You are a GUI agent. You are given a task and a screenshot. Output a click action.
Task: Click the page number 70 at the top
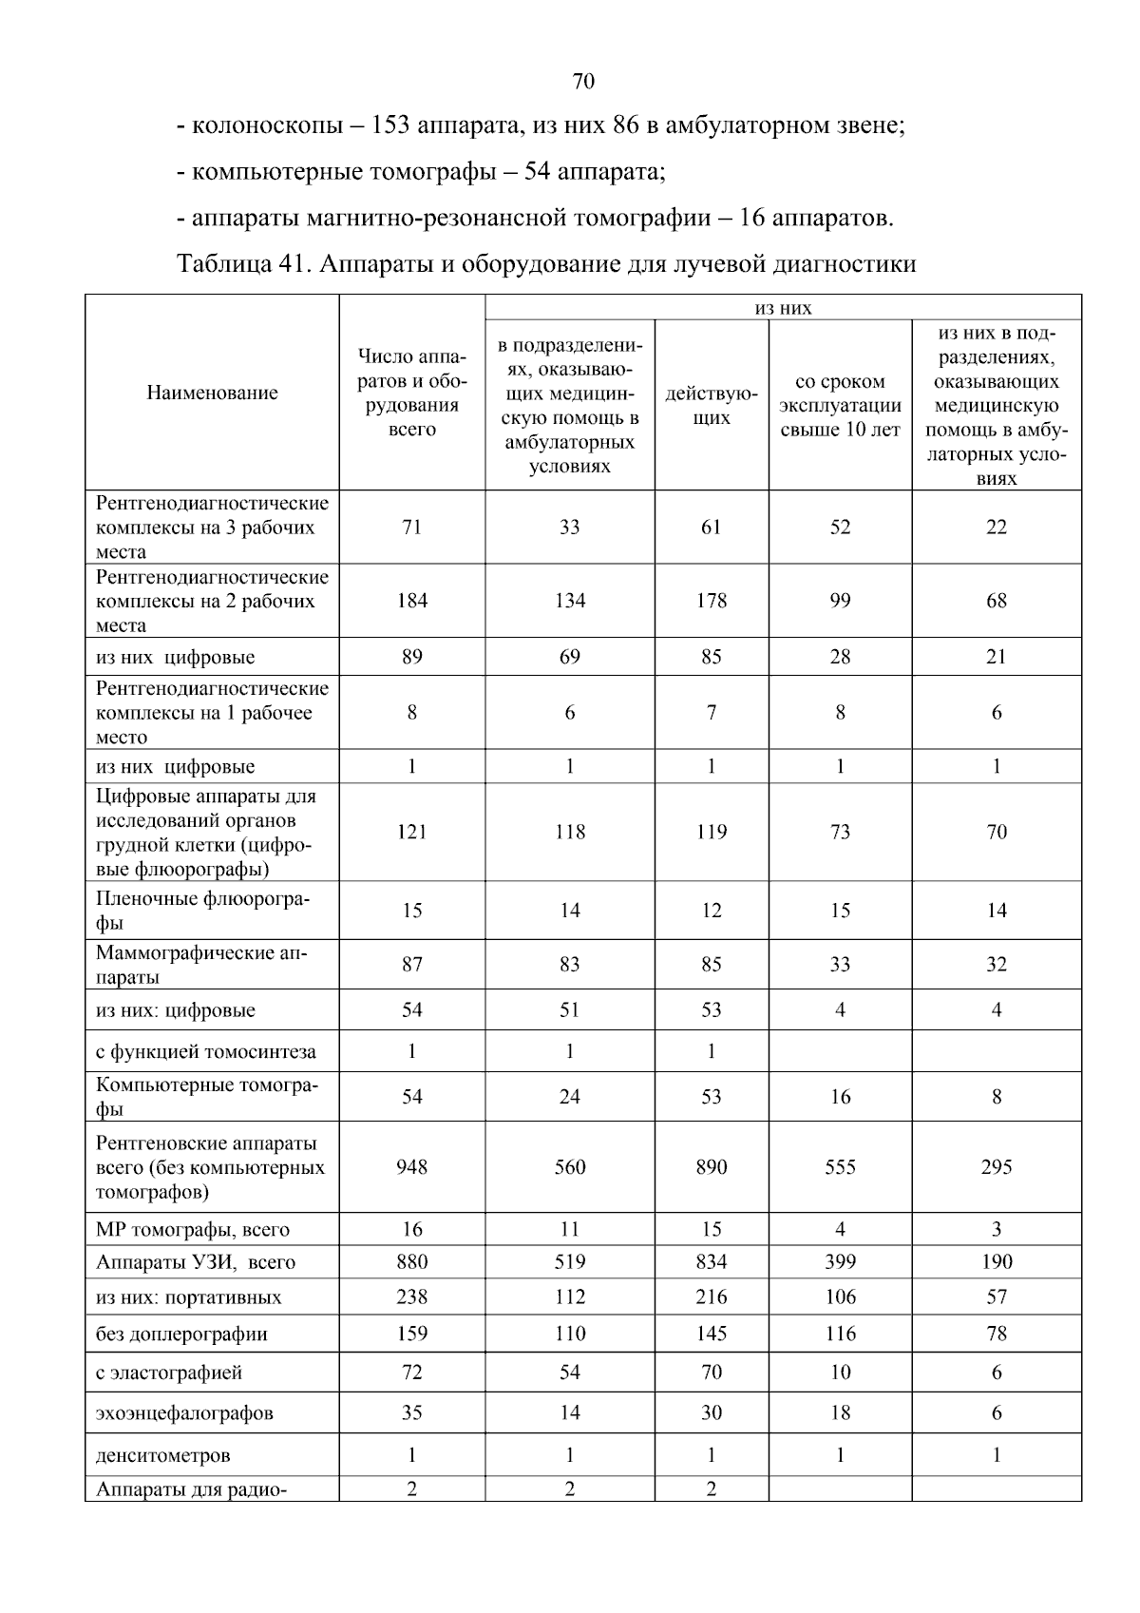click(x=583, y=82)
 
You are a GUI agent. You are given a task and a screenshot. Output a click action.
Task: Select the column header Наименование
click(x=212, y=393)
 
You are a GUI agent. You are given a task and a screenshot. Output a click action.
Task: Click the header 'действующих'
click(x=711, y=405)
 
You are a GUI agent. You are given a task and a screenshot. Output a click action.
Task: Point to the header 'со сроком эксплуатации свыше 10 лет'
click(x=840, y=405)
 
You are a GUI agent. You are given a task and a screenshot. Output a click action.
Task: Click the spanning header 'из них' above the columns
click(x=782, y=307)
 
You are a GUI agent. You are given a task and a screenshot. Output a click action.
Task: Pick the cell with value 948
click(x=411, y=1166)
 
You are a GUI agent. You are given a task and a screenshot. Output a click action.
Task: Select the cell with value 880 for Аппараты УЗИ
click(x=411, y=1261)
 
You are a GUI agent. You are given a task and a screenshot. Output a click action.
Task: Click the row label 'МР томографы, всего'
click(x=193, y=1229)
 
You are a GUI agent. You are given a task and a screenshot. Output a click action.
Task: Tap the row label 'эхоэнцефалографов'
click(x=184, y=1412)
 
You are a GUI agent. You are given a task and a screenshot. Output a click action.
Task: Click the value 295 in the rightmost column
click(x=996, y=1166)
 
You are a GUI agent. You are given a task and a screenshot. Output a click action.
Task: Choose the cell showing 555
click(x=840, y=1166)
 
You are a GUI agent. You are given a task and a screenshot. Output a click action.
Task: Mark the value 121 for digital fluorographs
click(x=411, y=832)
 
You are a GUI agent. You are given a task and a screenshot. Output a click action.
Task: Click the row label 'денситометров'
click(x=162, y=1455)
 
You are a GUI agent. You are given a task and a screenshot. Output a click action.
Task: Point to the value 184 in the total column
click(x=411, y=601)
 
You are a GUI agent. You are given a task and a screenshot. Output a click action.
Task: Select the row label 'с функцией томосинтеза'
click(x=206, y=1051)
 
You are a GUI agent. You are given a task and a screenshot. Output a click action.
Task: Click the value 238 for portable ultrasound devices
click(x=411, y=1296)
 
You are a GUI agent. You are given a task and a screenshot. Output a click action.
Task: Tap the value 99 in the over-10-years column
click(x=840, y=601)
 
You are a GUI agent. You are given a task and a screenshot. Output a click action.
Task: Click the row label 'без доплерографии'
click(x=181, y=1334)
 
